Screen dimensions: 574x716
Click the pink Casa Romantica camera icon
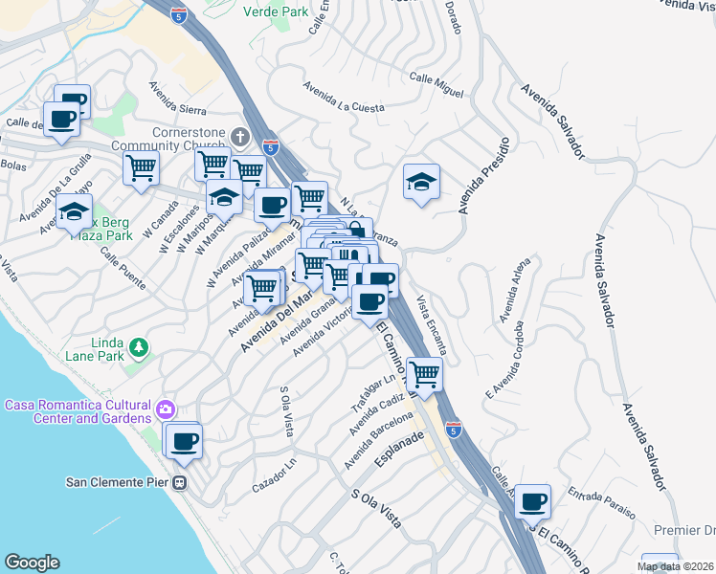click(168, 410)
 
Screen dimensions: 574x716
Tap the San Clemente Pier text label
click(118, 482)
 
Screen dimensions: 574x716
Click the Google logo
click(32, 563)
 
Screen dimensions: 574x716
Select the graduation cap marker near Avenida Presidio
click(421, 182)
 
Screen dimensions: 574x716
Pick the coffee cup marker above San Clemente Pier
click(184, 441)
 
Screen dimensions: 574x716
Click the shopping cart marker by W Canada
click(141, 168)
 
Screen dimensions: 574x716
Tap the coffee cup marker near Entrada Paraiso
click(532, 499)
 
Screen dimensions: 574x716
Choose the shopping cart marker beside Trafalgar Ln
click(423, 374)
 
